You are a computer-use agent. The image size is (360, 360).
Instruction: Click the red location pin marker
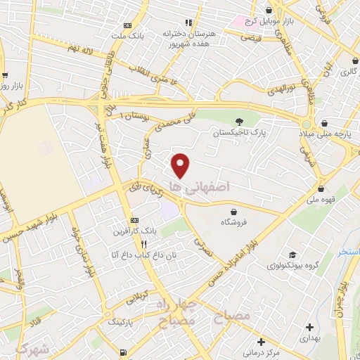[181, 165]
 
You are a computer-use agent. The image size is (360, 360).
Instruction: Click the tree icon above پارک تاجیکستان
[239, 121]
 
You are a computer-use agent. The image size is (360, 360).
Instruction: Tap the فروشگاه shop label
[233, 222]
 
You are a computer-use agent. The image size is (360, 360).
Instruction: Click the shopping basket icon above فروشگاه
[233, 212]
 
